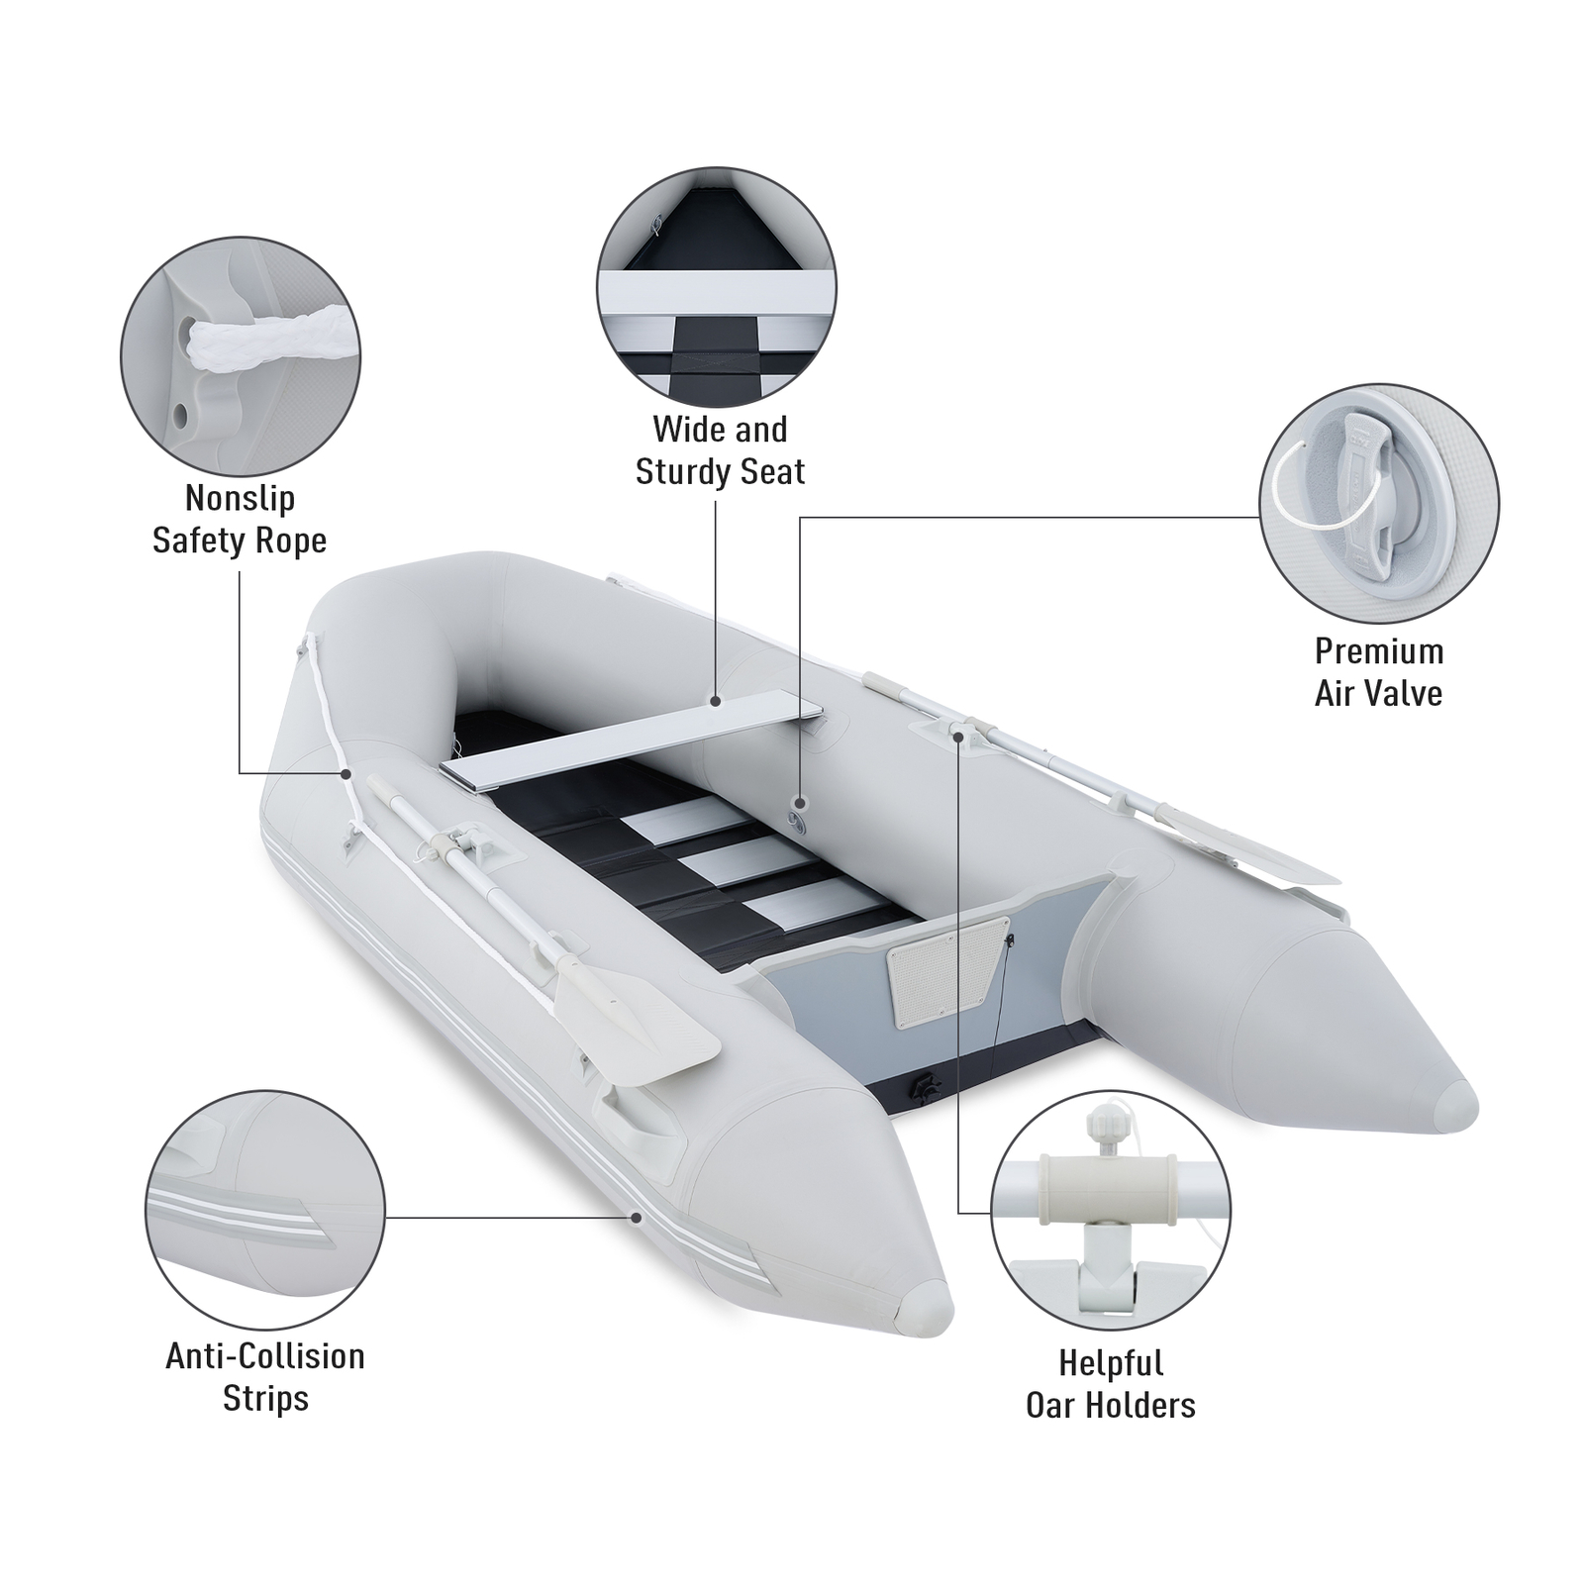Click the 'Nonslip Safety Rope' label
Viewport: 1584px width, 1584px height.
(239, 520)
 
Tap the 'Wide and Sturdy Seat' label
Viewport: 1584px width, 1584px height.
(720, 450)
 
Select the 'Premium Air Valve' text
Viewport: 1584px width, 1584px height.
(1378, 672)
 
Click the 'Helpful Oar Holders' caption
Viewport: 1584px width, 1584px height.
(1110, 1384)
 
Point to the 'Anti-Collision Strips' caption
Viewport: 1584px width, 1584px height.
(265, 1377)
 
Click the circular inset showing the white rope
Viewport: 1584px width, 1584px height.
(241, 357)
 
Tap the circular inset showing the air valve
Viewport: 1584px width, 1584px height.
(1378, 503)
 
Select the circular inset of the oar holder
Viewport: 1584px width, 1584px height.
(1110, 1211)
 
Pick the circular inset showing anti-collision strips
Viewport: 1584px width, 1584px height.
(265, 1210)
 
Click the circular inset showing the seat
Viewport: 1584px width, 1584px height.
(716, 287)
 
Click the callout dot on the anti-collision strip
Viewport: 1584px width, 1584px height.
(636, 1217)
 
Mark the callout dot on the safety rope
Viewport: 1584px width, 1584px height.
(346, 772)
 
